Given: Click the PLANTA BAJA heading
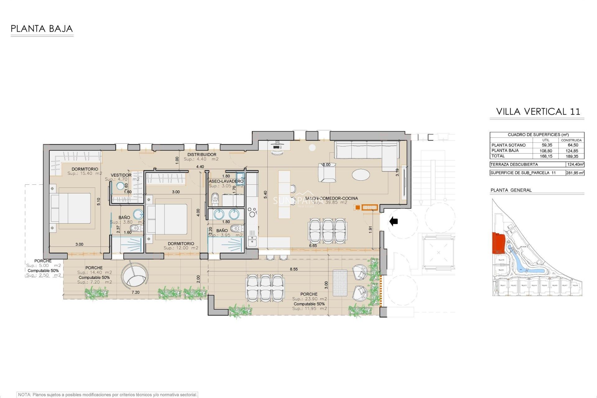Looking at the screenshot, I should [x=42, y=29].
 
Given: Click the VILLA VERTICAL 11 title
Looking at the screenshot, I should [x=538, y=112].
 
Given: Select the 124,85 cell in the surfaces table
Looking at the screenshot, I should [x=572, y=151].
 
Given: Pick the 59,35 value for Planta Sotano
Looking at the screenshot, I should [x=547, y=145].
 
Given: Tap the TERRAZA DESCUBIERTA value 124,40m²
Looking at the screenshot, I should [x=575, y=164].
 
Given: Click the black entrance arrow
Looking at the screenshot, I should [x=394, y=221].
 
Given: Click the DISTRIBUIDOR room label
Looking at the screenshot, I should [x=201, y=155].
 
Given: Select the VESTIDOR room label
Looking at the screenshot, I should [x=121, y=175].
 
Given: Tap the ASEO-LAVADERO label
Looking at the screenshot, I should [x=226, y=181].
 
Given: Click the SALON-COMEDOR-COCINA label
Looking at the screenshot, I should [x=331, y=198].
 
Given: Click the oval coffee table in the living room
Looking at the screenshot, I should [x=361, y=174].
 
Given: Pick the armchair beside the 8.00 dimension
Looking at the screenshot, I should [x=327, y=173].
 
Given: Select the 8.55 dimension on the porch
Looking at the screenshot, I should [x=294, y=269].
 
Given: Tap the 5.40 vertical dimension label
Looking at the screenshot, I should [x=265, y=195].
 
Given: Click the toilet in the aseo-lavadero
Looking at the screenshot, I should [x=215, y=199].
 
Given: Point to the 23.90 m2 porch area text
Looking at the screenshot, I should [x=309, y=299].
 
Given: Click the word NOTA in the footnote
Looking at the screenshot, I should [x=24, y=395].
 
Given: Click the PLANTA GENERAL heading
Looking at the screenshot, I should [x=511, y=190].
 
